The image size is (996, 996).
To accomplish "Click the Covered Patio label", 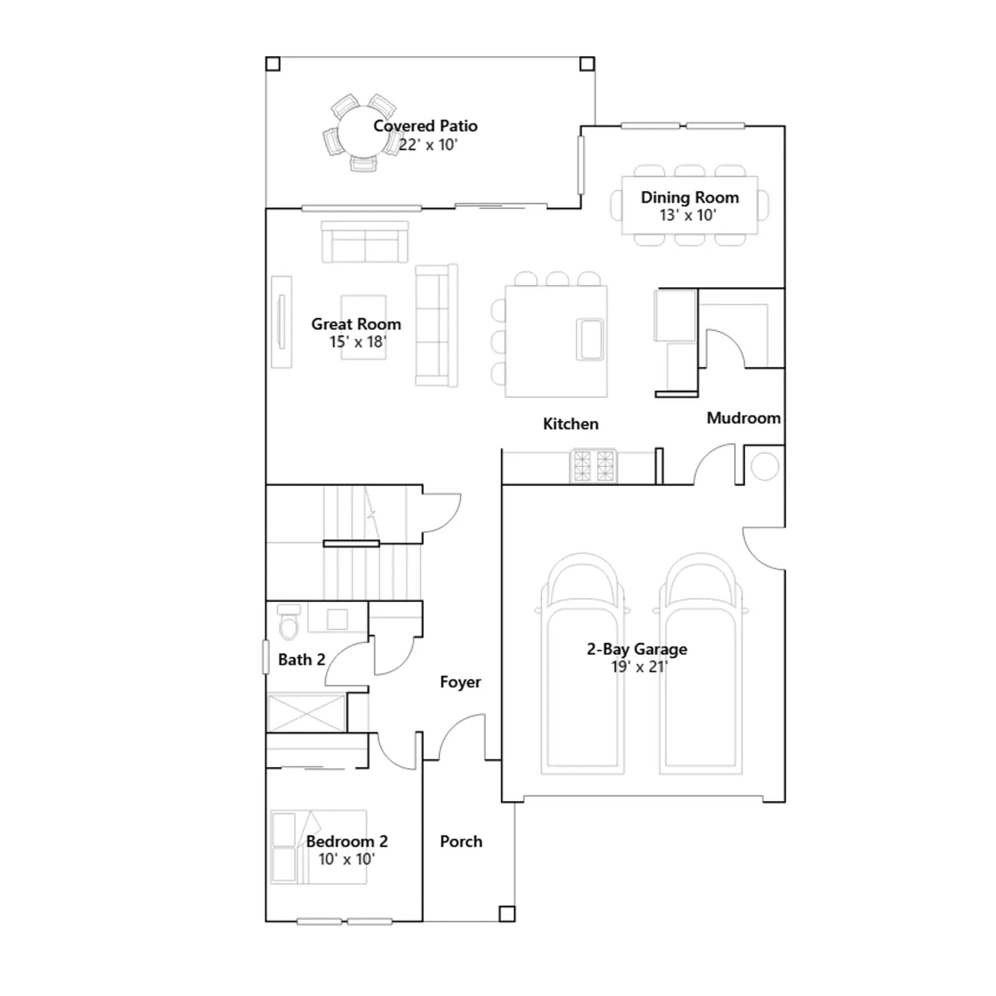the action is click(x=425, y=126).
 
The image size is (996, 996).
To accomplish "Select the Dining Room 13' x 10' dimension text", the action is click(x=688, y=215).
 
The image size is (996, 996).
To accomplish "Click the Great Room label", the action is click(x=356, y=324).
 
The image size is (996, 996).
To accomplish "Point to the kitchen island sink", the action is click(x=590, y=339).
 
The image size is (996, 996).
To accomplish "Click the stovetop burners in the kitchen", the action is click(x=593, y=466).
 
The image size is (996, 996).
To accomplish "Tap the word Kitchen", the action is click(x=571, y=424).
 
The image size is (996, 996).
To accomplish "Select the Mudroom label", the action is click(x=743, y=418).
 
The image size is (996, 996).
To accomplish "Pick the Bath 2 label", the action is click(x=301, y=659).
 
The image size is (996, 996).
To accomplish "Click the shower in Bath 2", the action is click(x=306, y=713).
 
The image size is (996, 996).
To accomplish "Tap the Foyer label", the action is click(x=460, y=682).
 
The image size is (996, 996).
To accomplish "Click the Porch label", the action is click(x=461, y=841).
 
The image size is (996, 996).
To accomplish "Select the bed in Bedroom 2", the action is click(x=319, y=847).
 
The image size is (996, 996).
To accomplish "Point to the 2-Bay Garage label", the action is click(x=637, y=649).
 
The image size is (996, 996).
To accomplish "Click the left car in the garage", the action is click(x=583, y=664).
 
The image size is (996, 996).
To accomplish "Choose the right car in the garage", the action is click(x=700, y=664).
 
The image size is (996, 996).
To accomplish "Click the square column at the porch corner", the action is click(x=507, y=914).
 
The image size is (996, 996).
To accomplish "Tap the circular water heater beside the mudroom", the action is click(x=764, y=466).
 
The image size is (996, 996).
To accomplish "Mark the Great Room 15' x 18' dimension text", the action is click(x=358, y=342).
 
